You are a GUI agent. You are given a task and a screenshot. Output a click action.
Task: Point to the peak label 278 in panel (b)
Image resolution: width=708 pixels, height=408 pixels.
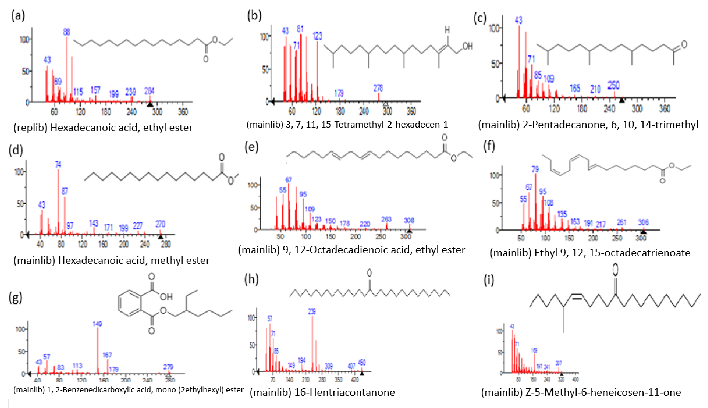[378, 88]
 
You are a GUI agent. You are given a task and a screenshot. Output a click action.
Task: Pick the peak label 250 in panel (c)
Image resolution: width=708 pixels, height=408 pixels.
[614, 85]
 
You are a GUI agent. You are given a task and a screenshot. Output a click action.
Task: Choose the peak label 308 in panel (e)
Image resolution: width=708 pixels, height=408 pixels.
[409, 221]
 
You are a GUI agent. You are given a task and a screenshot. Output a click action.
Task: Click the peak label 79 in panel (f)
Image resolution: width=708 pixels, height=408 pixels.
[535, 169]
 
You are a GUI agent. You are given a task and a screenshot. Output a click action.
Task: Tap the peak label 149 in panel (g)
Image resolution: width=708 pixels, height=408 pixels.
[97, 324]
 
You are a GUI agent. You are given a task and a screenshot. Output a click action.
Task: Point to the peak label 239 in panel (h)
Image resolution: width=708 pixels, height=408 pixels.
[312, 311]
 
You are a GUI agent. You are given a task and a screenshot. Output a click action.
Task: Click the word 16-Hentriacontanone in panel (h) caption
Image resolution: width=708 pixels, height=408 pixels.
[344, 392]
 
